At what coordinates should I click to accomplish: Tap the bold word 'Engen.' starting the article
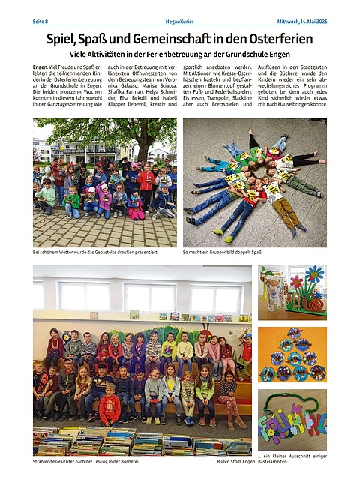click(x=41, y=68)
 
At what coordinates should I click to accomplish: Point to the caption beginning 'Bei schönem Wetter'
click(x=94, y=253)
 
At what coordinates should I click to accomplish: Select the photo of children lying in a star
click(x=253, y=183)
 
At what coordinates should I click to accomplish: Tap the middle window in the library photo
click(x=148, y=295)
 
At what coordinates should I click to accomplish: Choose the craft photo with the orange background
click(x=292, y=354)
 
